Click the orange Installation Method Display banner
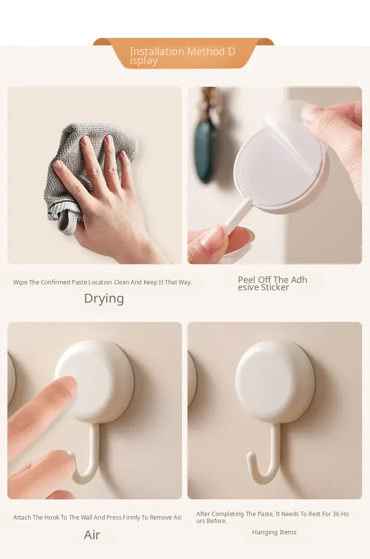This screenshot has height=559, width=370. [184, 53]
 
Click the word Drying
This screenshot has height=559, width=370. [104, 299]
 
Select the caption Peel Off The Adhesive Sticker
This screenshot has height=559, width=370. [273, 283]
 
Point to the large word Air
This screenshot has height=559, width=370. [92, 535]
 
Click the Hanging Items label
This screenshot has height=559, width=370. [274, 532]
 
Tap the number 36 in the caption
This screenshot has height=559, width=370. [336, 514]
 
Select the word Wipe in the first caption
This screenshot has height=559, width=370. [20, 282]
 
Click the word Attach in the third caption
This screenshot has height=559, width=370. [22, 517]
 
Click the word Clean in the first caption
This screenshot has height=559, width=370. [121, 282]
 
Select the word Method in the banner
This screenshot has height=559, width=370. [206, 51]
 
